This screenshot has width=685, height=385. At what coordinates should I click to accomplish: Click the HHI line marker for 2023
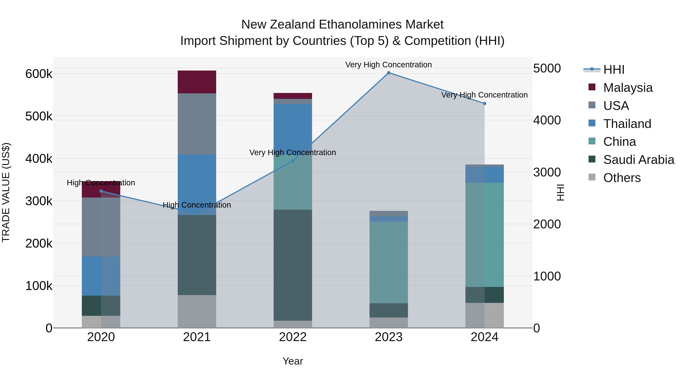389,73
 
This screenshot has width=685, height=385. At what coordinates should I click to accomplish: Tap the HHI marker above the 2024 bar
484,104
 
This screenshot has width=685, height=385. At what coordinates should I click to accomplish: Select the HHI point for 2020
101,191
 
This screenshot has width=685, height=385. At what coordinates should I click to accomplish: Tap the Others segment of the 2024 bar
484,315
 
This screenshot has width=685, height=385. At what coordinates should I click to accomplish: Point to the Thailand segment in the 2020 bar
101,276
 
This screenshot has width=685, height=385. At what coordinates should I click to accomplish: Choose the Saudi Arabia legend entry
638,160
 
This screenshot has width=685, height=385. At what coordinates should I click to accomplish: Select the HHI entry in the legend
614,70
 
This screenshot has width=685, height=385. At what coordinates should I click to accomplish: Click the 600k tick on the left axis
39,74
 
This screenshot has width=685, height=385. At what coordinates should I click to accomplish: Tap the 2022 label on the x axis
293,337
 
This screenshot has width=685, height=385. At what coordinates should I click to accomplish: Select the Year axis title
293,361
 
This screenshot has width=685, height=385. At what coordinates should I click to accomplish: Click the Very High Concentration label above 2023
389,65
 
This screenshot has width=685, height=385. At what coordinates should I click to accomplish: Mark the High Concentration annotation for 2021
197,205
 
